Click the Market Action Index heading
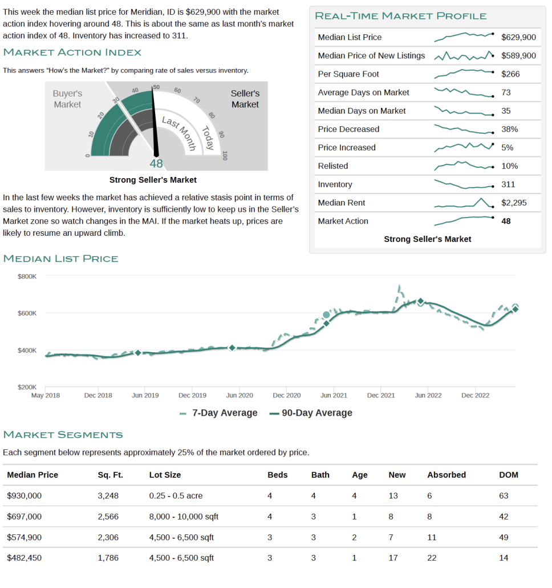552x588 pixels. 72,52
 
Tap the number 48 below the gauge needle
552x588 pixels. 156,163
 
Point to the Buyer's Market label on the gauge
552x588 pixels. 67,99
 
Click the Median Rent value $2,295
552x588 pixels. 514,203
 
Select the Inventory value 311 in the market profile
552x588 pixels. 508,184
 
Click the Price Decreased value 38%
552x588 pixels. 509,130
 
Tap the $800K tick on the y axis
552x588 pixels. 27,276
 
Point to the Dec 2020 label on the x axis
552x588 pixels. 286,395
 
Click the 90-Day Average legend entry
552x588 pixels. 311,413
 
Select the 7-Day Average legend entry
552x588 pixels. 218,413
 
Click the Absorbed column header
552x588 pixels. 447,475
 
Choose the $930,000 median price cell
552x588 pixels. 25,496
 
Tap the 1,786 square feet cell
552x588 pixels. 108,558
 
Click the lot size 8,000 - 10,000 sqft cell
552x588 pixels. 184,517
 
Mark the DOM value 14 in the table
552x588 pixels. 504,558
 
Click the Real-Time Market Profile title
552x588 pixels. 401,16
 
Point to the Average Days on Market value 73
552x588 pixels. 506,92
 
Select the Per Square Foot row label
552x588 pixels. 348,74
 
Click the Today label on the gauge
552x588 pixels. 208,138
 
